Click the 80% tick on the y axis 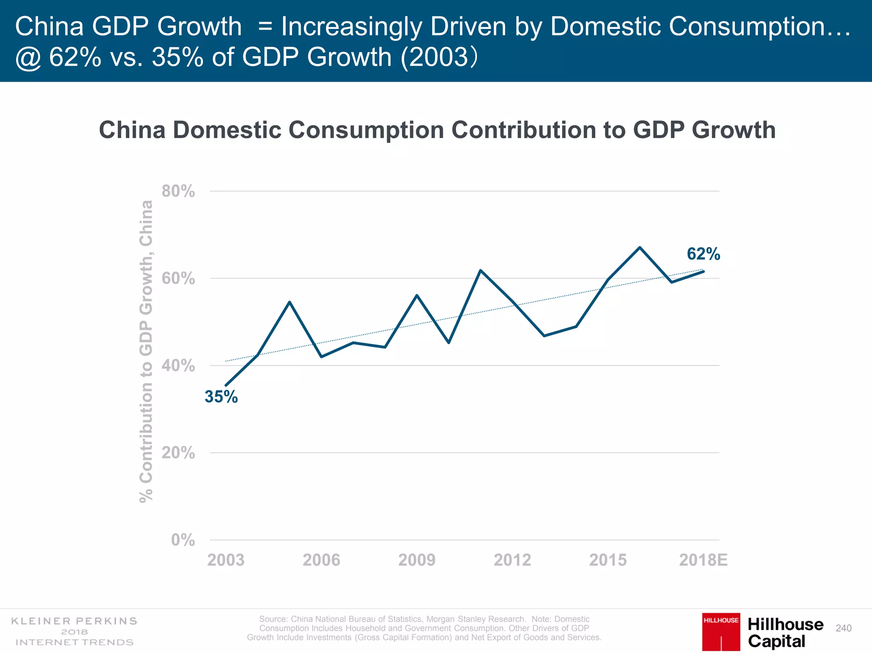178,192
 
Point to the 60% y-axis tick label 178,279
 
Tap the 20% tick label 178,453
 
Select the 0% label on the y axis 183,540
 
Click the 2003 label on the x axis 226,560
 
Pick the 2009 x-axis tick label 416,560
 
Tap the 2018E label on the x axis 703,560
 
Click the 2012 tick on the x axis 512,560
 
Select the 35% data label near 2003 221,397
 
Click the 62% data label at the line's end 703,254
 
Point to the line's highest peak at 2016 640,247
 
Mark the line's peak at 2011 480,270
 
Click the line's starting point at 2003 226,385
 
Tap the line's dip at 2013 544,336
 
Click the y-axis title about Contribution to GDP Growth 146,351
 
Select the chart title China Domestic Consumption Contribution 437,130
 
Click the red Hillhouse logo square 721,631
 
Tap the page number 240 843,628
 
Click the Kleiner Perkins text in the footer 74,621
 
